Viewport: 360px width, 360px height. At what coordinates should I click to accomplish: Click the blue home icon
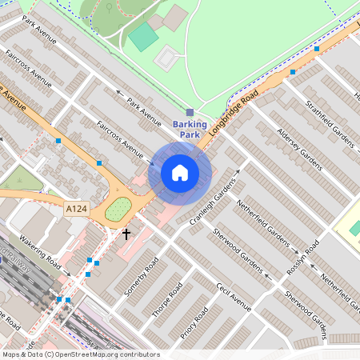(180, 173)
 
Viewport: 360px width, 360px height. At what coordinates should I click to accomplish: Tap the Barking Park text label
(190, 130)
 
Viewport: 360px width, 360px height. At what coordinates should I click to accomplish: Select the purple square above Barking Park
(190, 112)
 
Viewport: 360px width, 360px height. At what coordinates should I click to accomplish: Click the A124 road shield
(76, 209)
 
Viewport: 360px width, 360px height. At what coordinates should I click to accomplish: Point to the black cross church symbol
(126, 234)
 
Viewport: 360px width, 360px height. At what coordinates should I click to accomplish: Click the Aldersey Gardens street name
(298, 149)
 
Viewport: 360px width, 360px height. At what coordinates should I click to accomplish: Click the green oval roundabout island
(118, 210)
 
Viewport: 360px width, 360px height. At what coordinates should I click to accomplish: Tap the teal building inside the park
(143, 36)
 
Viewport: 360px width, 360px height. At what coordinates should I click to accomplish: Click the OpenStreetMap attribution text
(80, 354)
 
